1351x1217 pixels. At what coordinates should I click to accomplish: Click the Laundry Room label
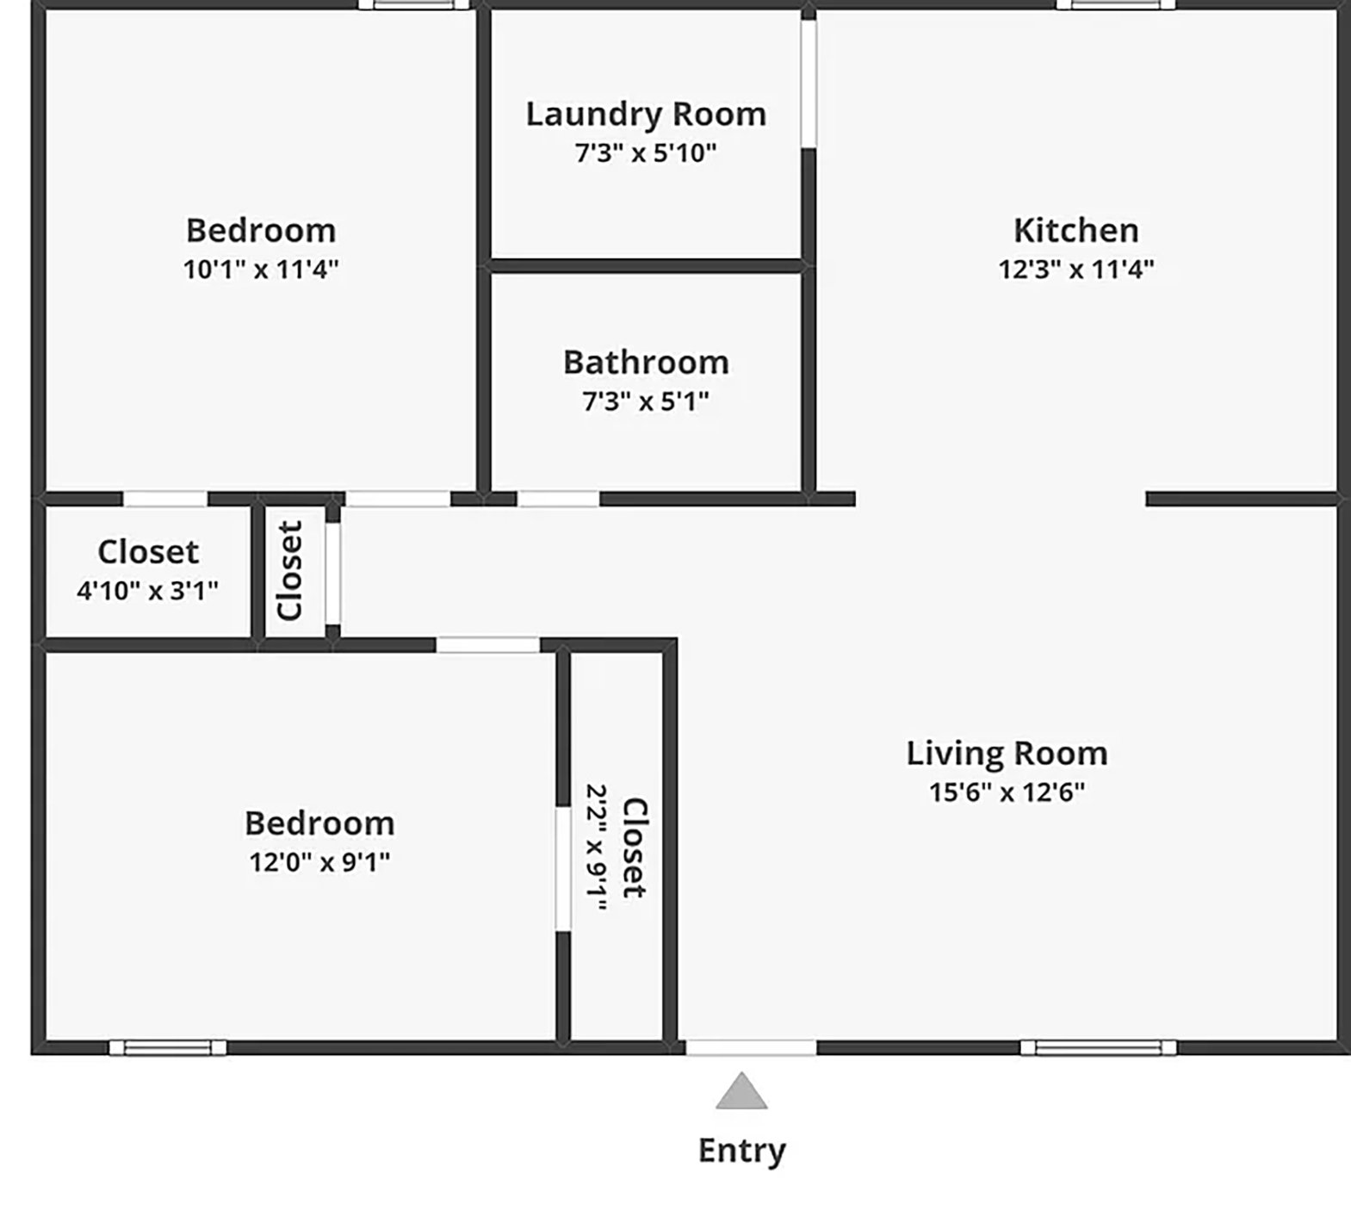click(x=646, y=114)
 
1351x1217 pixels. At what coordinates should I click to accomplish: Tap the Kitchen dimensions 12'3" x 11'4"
click(x=1075, y=270)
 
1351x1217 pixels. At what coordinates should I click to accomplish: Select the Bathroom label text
click(x=646, y=362)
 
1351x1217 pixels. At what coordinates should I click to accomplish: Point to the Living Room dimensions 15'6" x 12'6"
click(x=1007, y=792)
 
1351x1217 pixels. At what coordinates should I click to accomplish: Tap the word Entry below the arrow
click(x=741, y=1151)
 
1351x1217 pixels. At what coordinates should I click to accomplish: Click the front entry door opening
click(x=751, y=1047)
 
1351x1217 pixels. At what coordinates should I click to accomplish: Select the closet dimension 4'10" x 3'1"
click(x=147, y=591)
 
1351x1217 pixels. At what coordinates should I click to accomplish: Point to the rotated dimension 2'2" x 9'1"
click(x=596, y=847)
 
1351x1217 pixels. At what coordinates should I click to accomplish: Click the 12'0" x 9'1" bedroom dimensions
click(x=319, y=861)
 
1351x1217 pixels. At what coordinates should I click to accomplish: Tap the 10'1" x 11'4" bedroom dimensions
click(x=260, y=270)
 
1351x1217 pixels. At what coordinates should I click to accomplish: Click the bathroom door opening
click(x=558, y=499)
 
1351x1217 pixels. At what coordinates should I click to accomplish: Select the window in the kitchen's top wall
click(x=1116, y=4)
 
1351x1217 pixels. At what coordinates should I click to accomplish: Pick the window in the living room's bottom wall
click(x=1098, y=1047)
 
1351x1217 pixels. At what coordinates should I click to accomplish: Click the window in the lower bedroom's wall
click(x=168, y=1047)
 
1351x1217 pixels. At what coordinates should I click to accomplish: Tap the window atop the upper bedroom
click(x=414, y=4)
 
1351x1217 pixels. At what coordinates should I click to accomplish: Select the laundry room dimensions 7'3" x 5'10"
click(x=646, y=153)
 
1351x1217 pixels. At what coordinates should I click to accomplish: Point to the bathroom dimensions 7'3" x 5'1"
click(x=646, y=401)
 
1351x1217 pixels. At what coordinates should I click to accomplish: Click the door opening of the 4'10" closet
click(x=165, y=499)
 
